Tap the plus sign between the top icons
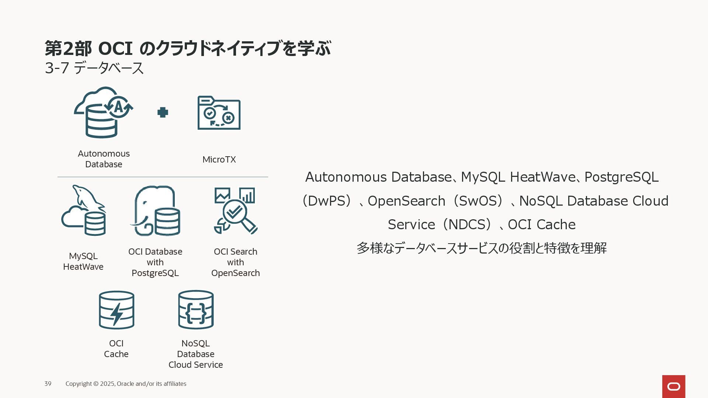pos(163,112)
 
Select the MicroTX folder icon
pos(219,113)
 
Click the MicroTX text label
pos(219,160)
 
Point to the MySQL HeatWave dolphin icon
pos(84,210)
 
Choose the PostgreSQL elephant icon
pos(156,211)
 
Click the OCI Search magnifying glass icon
pos(235,211)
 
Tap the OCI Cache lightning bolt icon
pos(117,310)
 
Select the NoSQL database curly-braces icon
pos(196,310)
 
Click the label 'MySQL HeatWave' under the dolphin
pos(83,261)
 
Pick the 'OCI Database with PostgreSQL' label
pos(155,262)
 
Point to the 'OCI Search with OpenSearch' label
pos(236,262)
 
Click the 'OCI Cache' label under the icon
pos(116,349)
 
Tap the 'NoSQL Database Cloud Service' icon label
pos(196,354)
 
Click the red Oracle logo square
pos(674,386)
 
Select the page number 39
pos(48,384)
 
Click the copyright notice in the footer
pos(126,384)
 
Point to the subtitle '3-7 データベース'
pos(94,68)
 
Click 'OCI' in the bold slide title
pos(115,49)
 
